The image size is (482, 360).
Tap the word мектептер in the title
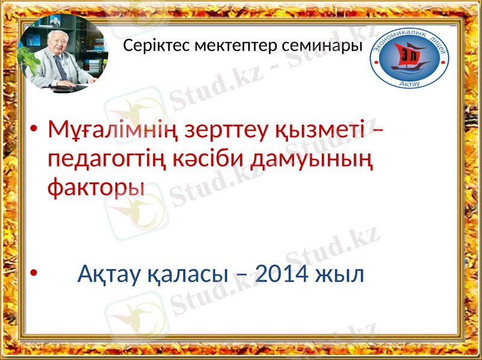tap(218, 46)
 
